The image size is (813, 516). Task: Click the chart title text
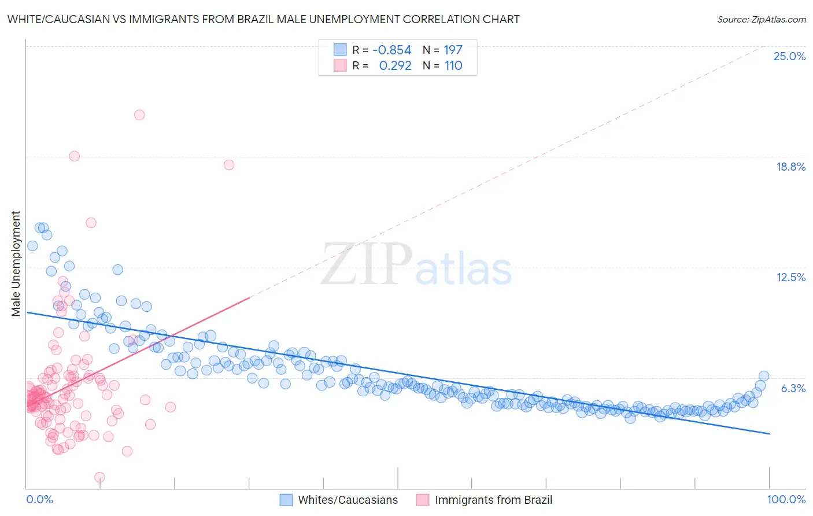point(263,19)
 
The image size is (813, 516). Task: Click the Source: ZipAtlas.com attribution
point(761,19)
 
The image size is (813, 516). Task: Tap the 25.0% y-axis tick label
point(789,56)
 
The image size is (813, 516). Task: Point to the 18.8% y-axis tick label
point(790,167)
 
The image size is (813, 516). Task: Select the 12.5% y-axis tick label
point(790,277)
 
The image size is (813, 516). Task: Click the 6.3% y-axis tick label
point(793,388)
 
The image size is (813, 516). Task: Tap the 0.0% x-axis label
point(39,499)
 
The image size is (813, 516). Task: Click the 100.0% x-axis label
point(786,499)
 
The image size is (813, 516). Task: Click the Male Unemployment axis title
point(16,264)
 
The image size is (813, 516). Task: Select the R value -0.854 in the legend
point(391,50)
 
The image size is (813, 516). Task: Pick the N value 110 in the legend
point(453,66)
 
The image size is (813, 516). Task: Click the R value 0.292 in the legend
point(395,66)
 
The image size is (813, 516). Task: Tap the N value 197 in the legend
point(453,50)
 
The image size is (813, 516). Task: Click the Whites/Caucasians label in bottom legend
point(348,500)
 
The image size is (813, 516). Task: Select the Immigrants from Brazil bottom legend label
point(493,500)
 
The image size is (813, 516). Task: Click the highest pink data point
point(139,115)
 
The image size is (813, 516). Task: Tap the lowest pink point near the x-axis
point(99,477)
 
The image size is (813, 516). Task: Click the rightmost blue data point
point(763,376)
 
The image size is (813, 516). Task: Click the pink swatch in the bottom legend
point(423,500)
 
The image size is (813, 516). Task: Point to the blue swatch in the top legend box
point(340,50)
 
